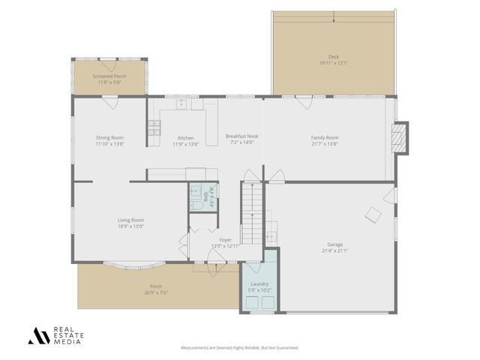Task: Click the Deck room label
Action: (x=334, y=57)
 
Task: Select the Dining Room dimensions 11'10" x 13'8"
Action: (x=109, y=143)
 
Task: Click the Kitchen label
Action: (x=185, y=137)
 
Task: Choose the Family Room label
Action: (x=325, y=137)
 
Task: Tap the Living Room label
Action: (x=130, y=220)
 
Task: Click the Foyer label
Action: (x=225, y=240)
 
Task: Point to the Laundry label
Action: (x=259, y=283)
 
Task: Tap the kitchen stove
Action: (x=154, y=132)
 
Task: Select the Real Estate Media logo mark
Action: (x=38, y=336)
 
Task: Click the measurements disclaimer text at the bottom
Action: (x=240, y=348)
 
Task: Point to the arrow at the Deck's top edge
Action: (x=334, y=19)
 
